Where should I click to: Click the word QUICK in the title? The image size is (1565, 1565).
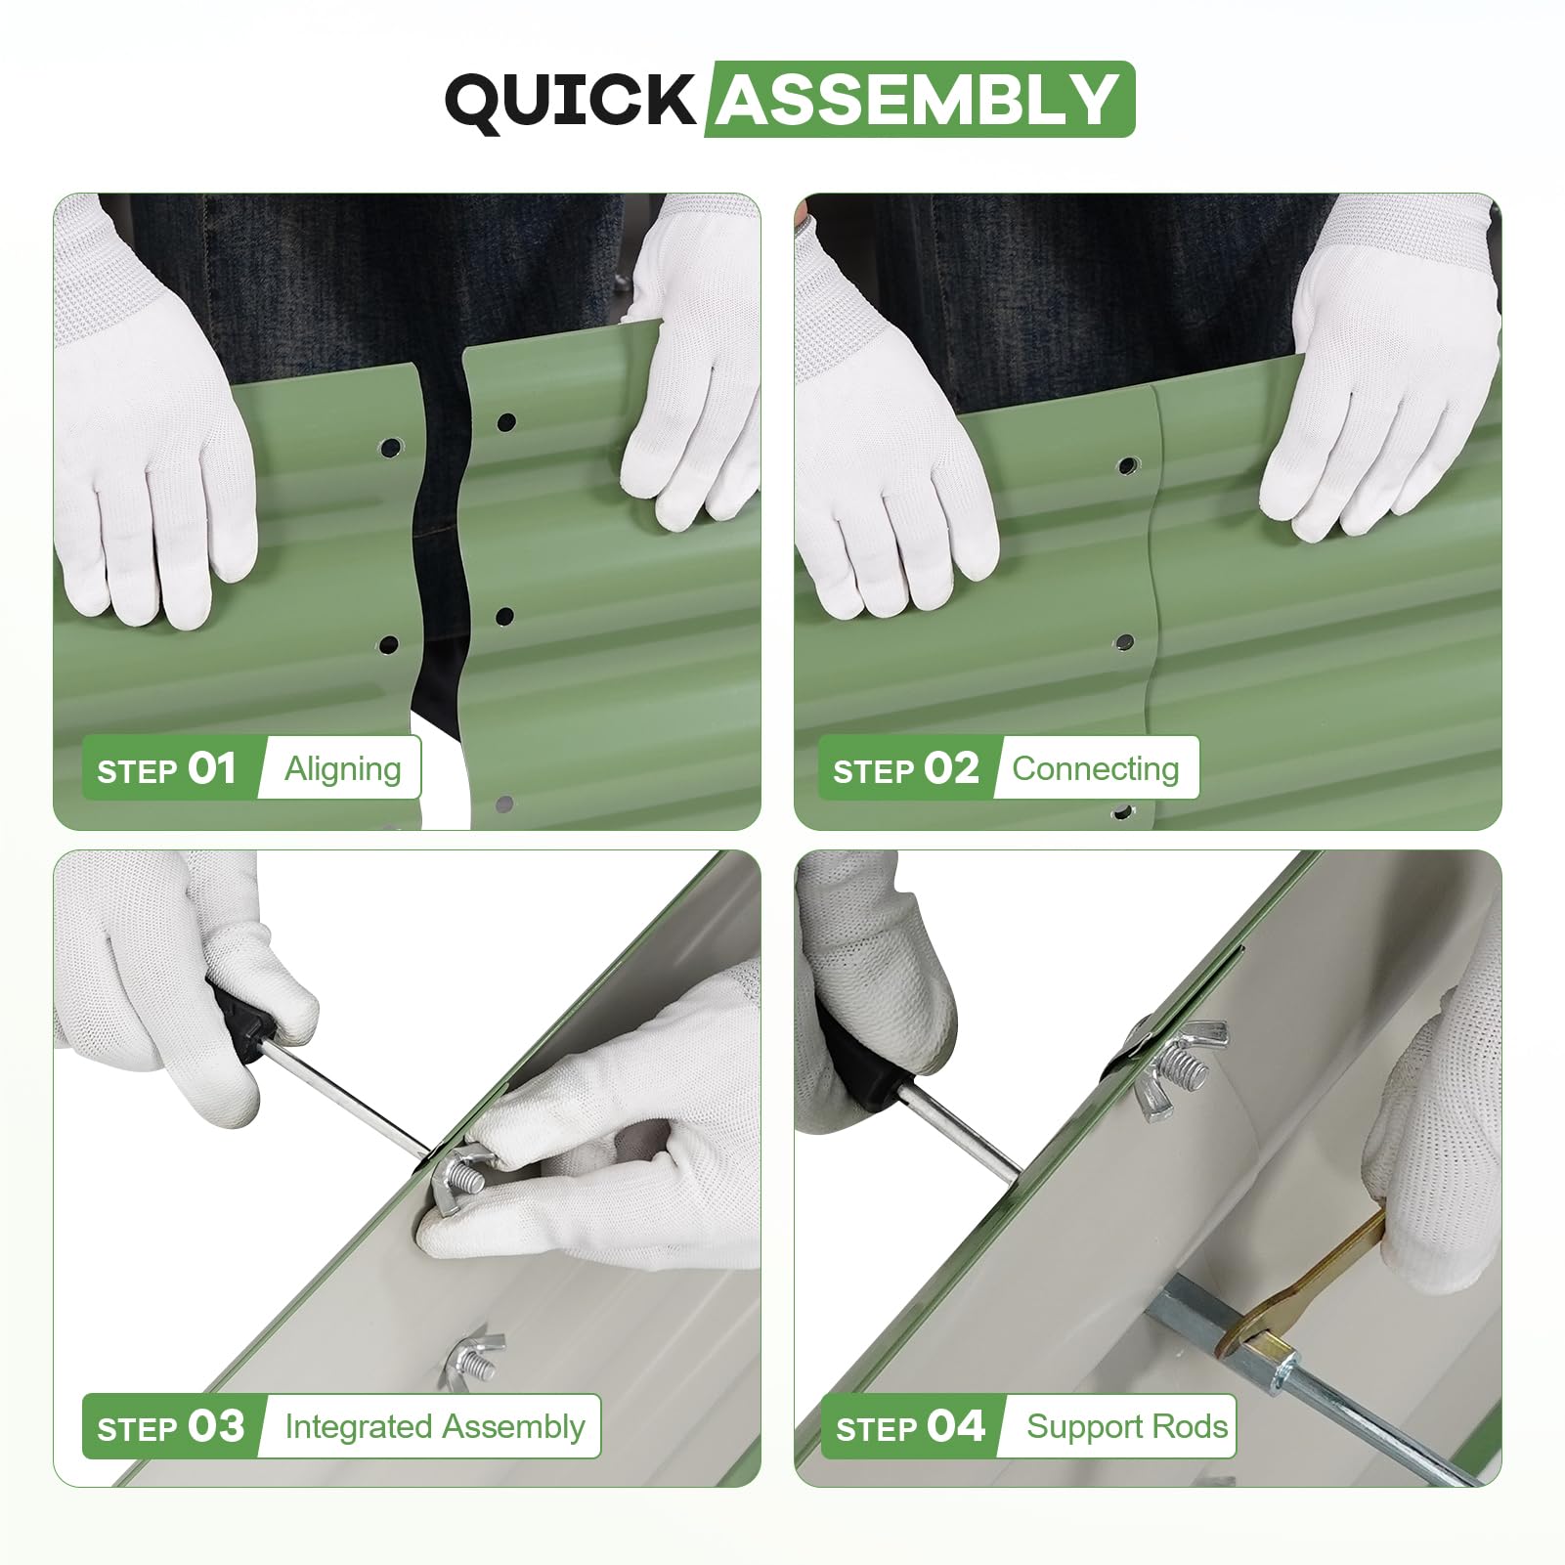click(x=570, y=101)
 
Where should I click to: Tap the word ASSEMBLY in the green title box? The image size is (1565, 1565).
click(x=919, y=100)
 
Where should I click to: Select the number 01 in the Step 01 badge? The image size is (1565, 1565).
click(x=212, y=768)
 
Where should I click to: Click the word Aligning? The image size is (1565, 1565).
click(x=343, y=769)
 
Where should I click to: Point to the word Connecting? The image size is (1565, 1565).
click(x=1096, y=769)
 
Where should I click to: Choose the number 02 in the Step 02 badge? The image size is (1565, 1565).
click(x=952, y=768)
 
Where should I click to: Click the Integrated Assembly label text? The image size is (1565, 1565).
click(x=435, y=1427)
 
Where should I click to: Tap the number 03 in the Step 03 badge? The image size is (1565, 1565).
click(x=216, y=1426)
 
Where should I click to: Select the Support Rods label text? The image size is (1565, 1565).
click(x=1127, y=1427)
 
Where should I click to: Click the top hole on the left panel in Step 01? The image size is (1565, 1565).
click(x=391, y=449)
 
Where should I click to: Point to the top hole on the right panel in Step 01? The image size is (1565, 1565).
click(x=505, y=422)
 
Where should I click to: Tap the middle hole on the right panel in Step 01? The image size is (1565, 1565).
click(x=504, y=616)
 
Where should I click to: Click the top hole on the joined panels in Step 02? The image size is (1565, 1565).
click(x=1127, y=465)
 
